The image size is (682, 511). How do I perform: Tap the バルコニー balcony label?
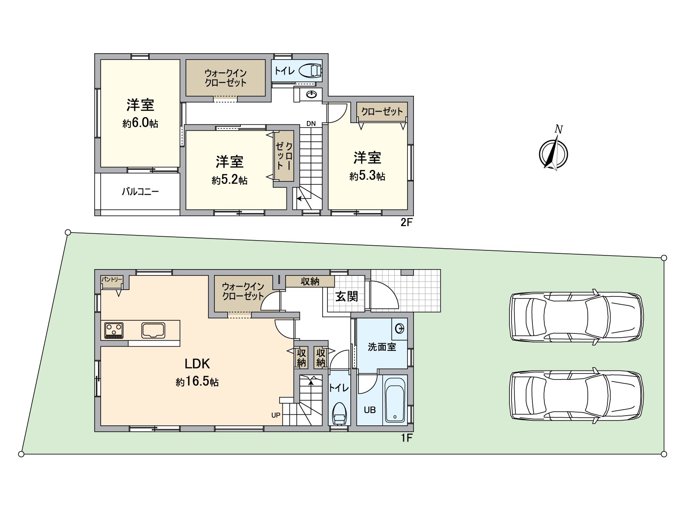[x=140, y=192]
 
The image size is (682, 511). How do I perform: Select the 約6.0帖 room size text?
[x=140, y=123]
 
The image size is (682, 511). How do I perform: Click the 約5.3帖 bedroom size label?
[x=367, y=176]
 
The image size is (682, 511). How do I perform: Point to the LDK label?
[x=197, y=364]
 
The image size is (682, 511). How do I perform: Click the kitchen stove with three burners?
[x=114, y=330]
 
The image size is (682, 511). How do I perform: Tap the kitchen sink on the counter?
[x=153, y=330]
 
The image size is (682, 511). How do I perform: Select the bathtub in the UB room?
[x=395, y=399]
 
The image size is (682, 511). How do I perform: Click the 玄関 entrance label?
[x=347, y=297]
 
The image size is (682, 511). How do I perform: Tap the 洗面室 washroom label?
[x=382, y=347]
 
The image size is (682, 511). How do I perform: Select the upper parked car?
[x=576, y=317]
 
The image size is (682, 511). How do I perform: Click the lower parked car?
[x=576, y=396]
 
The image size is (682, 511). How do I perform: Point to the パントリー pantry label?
[x=112, y=279]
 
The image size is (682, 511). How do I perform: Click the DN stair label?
[x=311, y=123]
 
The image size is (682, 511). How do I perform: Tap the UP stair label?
[x=276, y=415]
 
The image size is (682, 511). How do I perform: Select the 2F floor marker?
[x=406, y=222]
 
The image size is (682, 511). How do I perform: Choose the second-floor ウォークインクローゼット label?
[x=225, y=78]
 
